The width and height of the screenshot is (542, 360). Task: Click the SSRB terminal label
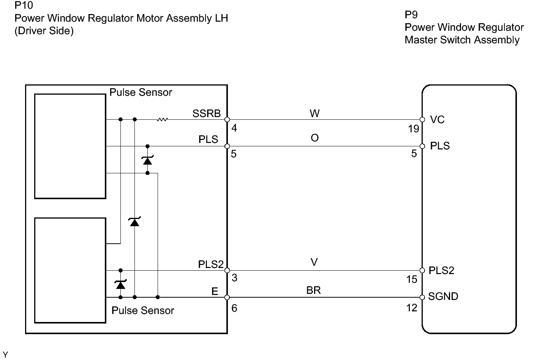coord(206,114)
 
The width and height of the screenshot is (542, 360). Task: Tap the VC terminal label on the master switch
coord(437,120)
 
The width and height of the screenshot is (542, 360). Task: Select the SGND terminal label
coord(443,297)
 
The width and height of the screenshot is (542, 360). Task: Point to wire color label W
coord(314,113)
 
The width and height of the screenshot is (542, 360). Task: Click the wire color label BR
coord(313,290)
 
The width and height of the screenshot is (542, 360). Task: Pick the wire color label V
coord(314,262)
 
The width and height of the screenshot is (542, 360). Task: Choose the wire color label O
coord(314,138)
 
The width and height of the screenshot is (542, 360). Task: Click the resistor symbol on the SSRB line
coord(162,120)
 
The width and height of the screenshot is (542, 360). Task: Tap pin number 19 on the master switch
coord(414,129)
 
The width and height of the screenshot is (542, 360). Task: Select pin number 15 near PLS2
coord(412,279)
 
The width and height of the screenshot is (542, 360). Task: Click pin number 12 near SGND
coord(412,308)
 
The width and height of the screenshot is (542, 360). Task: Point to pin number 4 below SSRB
coord(234,128)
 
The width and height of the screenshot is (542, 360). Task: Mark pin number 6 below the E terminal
coord(234,308)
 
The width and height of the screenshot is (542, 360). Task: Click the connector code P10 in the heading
coord(24,6)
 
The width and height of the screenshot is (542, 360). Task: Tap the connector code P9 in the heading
coord(411,15)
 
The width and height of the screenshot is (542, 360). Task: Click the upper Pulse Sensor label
coord(141,92)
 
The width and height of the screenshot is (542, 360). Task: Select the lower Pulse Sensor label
coord(143,311)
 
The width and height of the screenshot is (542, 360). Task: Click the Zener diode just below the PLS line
coord(147,160)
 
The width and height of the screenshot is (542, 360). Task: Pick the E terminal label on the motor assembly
coord(215,292)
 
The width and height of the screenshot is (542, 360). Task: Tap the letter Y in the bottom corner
coord(5,355)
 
